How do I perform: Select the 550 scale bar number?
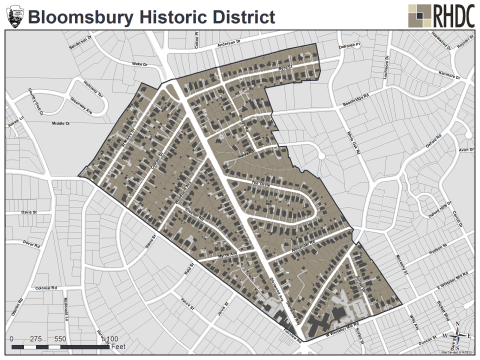click(59, 339)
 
